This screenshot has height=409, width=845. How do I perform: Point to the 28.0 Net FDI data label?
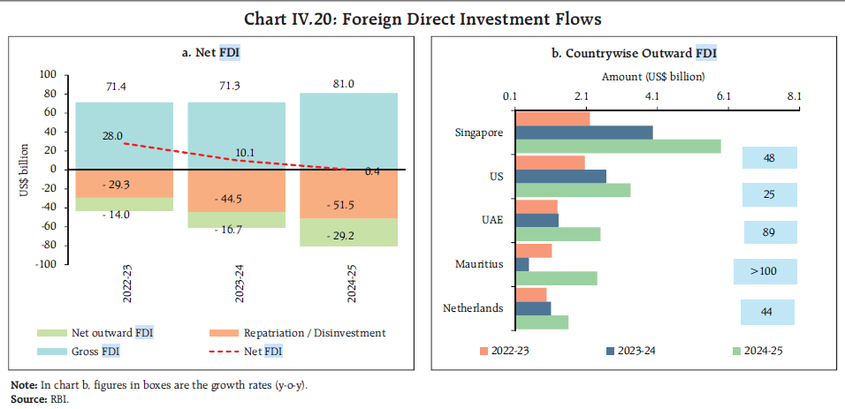pos(112,135)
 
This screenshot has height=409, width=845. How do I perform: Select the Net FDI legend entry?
pos(265,352)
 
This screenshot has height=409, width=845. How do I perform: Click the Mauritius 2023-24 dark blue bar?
pos(521,264)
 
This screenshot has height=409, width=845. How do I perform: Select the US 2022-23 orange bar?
pos(549,163)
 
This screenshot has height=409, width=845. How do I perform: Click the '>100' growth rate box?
pos(764,271)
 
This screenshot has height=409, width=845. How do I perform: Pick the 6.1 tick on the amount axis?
pos(723,96)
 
